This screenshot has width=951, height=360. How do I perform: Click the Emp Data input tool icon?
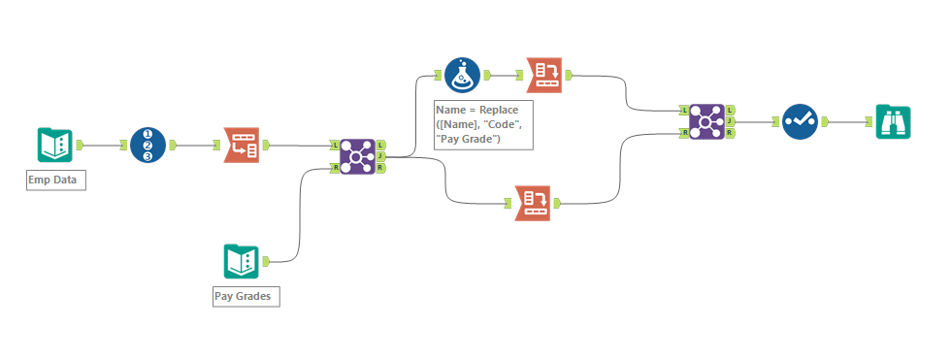[x=54, y=145]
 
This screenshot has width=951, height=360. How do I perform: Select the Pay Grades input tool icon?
[x=241, y=261]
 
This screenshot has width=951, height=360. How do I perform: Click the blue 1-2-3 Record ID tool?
[x=148, y=145]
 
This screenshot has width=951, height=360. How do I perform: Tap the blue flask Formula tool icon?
[x=463, y=74]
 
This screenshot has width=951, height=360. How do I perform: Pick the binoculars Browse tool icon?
[x=893, y=122]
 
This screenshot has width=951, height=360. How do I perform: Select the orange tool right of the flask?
[x=543, y=74]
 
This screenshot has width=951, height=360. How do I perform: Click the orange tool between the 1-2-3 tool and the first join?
[x=241, y=145]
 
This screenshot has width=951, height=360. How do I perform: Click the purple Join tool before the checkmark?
[x=706, y=122]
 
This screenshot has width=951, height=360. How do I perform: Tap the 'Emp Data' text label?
[x=56, y=180]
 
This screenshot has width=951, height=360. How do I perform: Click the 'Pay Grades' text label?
[x=246, y=296]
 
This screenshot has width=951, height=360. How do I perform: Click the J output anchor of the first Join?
[x=381, y=156]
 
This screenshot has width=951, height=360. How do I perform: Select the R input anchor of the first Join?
[x=335, y=168]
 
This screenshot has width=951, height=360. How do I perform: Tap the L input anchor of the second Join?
[x=684, y=111]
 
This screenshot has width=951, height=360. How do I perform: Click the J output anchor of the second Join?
[x=730, y=122]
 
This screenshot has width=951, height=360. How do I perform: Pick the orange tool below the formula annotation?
[x=533, y=203]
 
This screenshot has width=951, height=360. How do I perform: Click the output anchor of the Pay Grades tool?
[x=267, y=261]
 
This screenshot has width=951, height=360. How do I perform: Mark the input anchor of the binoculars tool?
[x=870, y=122]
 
